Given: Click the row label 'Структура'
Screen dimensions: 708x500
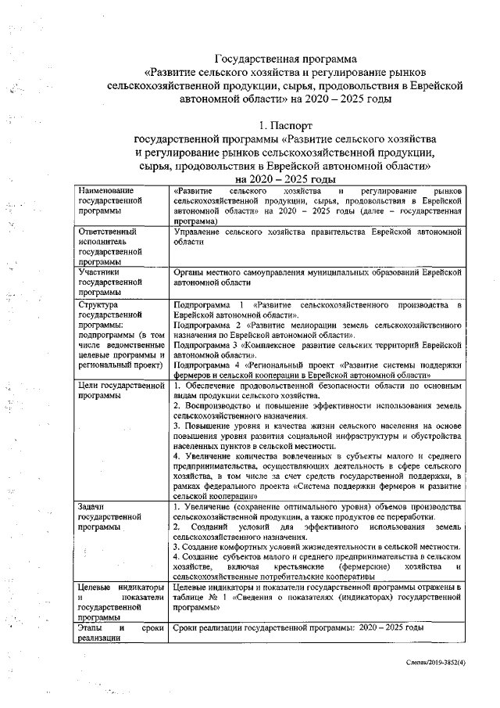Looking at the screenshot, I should tap(98, 304).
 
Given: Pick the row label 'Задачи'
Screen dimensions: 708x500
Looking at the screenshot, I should tap(91, 507).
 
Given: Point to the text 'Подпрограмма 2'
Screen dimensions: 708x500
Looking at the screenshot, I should tap(205, 323).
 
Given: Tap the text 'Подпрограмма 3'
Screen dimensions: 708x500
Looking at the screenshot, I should tap(205, 344).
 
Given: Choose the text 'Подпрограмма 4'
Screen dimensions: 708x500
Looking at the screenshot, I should tap(205, 365).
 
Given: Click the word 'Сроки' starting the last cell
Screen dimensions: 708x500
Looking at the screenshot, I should tap(187, 628).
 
